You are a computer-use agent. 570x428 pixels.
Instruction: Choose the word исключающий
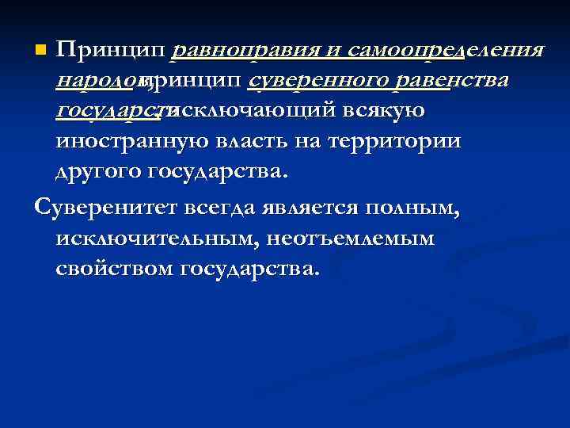249,111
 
